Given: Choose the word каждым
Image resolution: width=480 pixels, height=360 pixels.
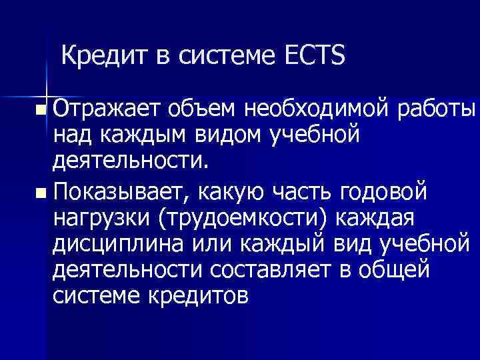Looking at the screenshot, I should [x=146, y=135].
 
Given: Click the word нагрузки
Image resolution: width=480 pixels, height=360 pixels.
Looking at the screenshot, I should [x=101, y=219].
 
